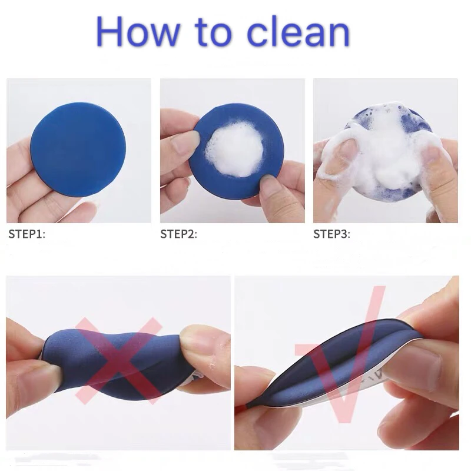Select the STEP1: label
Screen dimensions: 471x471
(26, 234)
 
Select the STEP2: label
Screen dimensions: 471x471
(178, 234)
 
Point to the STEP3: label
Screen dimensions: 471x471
(331, 234)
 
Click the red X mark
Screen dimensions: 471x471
(118, 359)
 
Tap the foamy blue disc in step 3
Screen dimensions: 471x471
(383, 153)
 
